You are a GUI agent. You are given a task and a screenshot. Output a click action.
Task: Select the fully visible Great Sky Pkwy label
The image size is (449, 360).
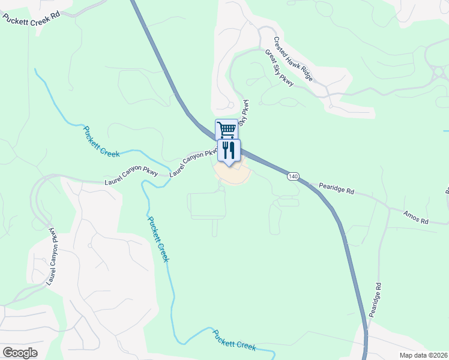click(279, 67)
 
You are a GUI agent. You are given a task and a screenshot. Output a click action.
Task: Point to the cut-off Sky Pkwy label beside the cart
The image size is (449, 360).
click(244, 112)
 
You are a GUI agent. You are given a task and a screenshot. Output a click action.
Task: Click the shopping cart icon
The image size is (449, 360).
click(226, 129)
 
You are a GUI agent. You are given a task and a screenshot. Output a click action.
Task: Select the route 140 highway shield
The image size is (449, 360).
click(292, 176)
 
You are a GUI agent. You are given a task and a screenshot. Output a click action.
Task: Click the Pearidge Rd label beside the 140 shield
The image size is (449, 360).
click(336, 188)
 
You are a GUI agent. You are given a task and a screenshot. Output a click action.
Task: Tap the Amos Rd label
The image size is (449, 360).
click(416, 217)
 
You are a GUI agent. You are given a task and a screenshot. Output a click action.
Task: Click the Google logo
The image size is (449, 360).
click(20, 353)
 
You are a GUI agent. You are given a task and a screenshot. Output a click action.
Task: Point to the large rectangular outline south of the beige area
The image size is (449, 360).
click(208, 206)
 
